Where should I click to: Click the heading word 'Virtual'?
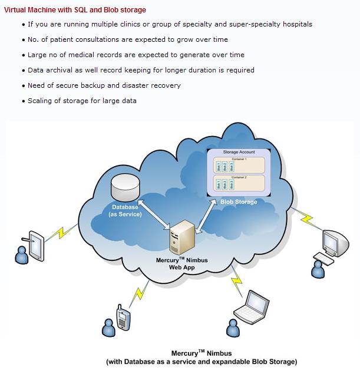click(16, 10)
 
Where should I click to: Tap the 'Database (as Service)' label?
click(125, 211)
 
